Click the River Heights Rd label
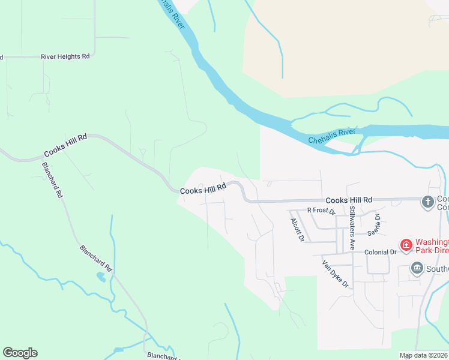click(x=65, y=56)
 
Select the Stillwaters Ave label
click(x=352, y=228)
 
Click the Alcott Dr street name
click(x=297, y=230)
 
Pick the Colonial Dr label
click(x=381, y=253)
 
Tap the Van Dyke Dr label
click(x=335, y=273)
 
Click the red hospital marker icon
click(x=406, y=245)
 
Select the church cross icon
click(x=427, y=202)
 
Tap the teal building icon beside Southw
click(x=416, y=268)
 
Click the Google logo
click(x=20, y=353)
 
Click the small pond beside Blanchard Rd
click(x=100, y=277)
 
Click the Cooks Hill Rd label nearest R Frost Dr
click(x=349, y=200)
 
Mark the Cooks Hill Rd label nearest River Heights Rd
click(x=65, y=146)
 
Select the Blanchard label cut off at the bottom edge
click(x=163, y=356)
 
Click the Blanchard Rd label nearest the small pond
click(x=96, y=257)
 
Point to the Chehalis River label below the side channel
click(x=332, y=136)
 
